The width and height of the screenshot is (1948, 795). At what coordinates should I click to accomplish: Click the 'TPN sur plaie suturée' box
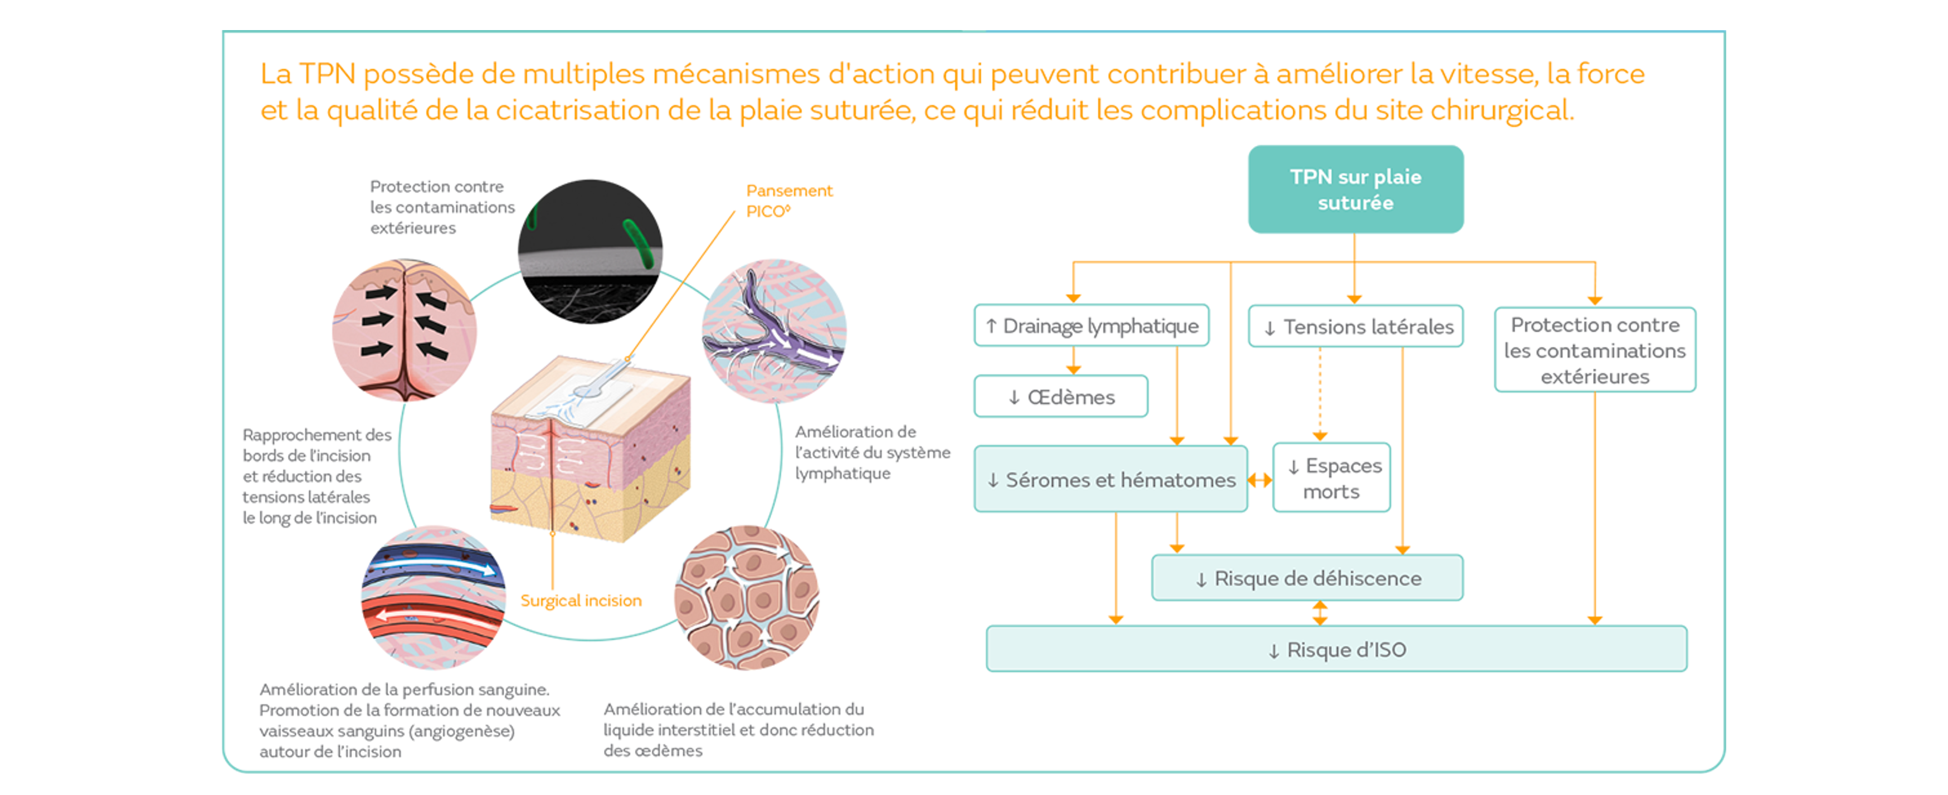coord(1355,189)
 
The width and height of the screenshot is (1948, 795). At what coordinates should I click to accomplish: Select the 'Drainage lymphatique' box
coord(1090,326)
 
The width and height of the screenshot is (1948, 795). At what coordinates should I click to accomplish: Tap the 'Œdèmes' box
coord(1060,396)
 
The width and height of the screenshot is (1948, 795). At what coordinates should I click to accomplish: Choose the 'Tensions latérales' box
coord(1355,327)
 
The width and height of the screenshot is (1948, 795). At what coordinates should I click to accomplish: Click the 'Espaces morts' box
coord(1331,478)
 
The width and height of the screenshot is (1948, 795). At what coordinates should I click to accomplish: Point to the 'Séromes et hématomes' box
coord(1110,480)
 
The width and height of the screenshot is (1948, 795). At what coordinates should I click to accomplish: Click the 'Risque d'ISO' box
coord(1336,650)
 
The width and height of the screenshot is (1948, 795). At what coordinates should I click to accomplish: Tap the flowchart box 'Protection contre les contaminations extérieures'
coord(1594,350)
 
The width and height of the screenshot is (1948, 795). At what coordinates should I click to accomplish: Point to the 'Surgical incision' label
coord(580,601)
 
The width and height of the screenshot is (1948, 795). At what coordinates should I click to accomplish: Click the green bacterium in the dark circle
coord(640,242)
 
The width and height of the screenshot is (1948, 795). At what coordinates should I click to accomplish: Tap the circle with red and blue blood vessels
coord(434,597)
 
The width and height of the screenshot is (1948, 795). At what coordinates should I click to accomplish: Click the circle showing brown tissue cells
coord(747,597)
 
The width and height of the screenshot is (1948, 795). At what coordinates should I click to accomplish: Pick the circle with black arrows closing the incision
coord(405,330)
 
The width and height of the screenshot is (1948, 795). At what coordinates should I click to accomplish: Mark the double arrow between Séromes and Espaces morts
coord(1260,480)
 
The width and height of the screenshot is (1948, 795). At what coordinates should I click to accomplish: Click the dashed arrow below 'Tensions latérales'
coord(1319,393)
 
